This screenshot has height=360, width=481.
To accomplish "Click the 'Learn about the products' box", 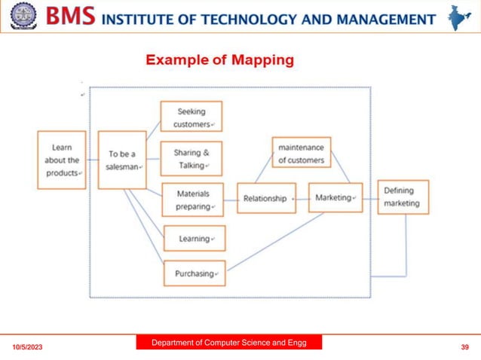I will coord(61,160).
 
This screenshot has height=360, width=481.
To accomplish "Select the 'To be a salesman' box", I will coord(122,160).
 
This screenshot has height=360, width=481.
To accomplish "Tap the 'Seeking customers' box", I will coord(191,117).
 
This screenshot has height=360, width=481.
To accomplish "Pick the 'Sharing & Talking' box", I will coord(191,158).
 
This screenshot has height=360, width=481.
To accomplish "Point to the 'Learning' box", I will coord(194,239).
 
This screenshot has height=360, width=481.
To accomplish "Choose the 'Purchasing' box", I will coord(195,273).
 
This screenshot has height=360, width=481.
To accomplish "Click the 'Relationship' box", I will coord(266,198).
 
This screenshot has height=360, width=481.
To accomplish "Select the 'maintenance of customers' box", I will coord(302,152).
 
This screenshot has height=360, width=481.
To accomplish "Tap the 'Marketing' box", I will coord(335,197).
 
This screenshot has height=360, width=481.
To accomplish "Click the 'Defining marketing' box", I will coord(403,197).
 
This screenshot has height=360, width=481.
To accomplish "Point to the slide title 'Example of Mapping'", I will coord(219,60).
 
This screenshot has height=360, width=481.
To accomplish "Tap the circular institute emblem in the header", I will coord(23,17).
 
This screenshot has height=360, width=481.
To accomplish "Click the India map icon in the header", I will coord(458,17).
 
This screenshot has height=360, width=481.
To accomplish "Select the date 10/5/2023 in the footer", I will coord(27,347).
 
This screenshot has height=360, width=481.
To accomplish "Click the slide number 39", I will coord(464,347).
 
